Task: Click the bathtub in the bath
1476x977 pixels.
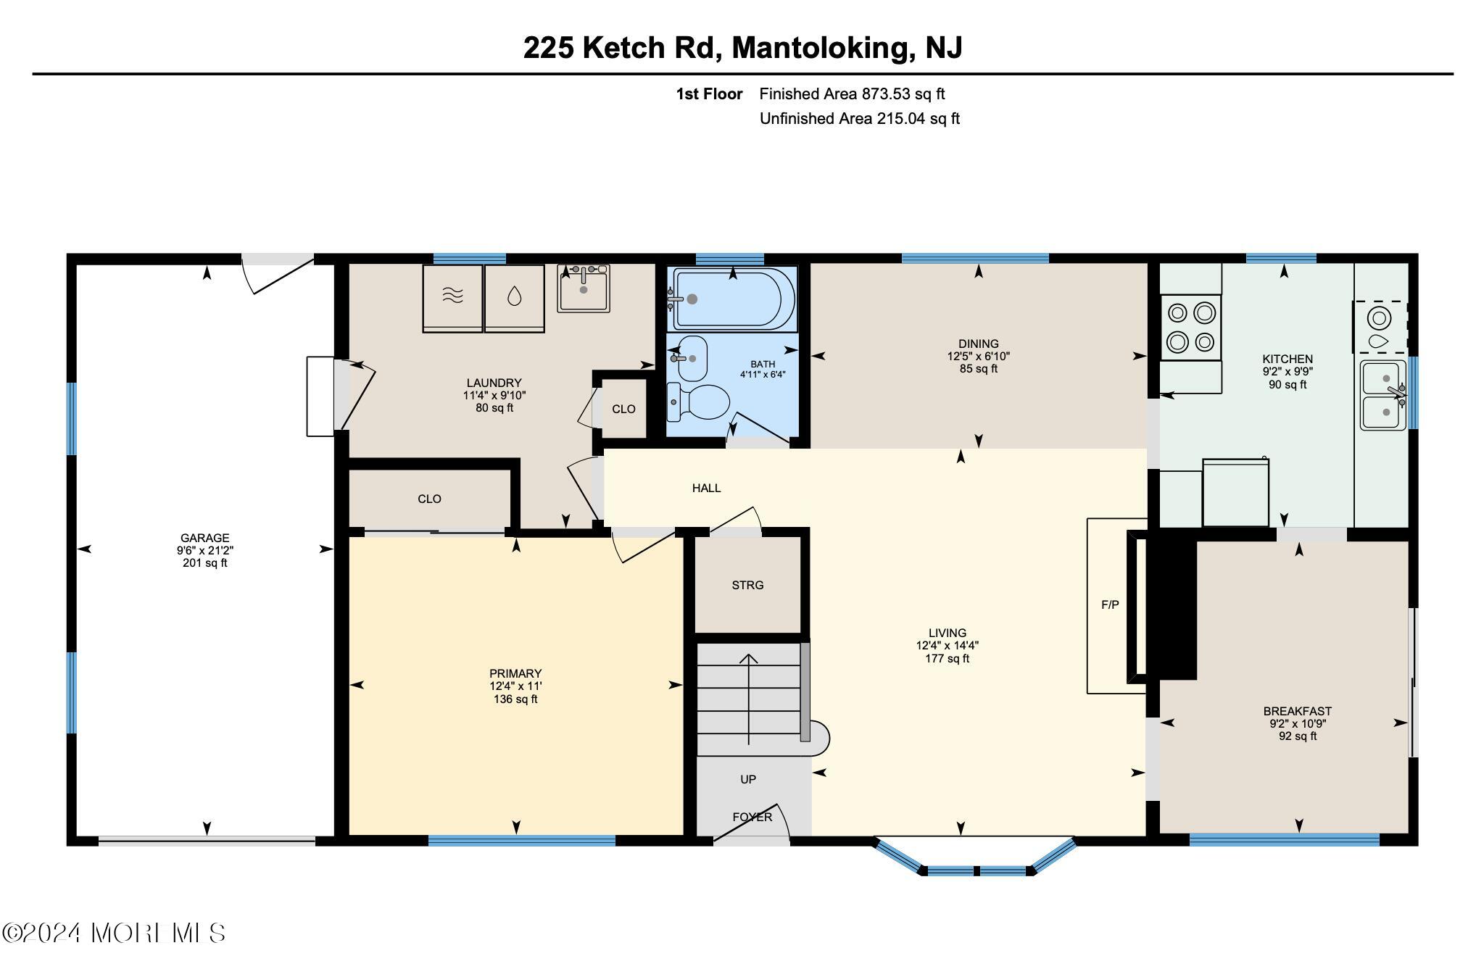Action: click(x=734, y=299)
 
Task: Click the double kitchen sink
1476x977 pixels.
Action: click(x=1382, y=395)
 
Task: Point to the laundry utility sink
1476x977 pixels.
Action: click(x=584, y=288)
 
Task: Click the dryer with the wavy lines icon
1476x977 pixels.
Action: click(x=452, y=297)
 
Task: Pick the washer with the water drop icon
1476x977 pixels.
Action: click(x=514, y=297)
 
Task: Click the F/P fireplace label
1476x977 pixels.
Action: click(x=1110, y=604)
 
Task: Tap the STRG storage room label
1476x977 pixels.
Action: click(x=747, y=585)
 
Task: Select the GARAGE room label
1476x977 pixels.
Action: click(x=204, y=538)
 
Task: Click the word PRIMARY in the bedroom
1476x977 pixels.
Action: click(x=515, y=673)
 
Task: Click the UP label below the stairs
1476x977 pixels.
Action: click(x=748, y=779)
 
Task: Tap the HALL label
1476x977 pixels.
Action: click(x=706, y=488)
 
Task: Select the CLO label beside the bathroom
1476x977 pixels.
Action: click(x=623, y=409)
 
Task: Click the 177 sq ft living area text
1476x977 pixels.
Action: click(x=947, y=658)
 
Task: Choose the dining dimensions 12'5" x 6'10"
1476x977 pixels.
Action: click(x=978, y=356)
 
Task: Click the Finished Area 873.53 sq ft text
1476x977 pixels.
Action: click(x=852, y=93)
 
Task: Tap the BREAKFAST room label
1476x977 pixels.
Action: click(x=1297, y=711)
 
